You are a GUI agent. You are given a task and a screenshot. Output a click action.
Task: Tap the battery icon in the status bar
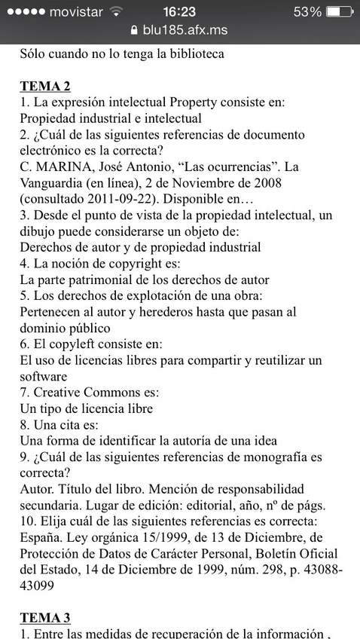coord(340,11)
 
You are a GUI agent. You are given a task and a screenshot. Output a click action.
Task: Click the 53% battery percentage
coord(307,11)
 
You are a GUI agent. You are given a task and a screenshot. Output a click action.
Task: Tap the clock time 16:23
coord(179,11)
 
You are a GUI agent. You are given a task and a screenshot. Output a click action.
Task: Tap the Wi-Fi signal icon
coord(116,11)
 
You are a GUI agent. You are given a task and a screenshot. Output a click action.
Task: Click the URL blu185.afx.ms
coord(185,30)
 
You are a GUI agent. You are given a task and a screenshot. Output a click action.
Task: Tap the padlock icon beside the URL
coord(134,30)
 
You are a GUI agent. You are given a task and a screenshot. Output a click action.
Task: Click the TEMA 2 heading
coord(45,86)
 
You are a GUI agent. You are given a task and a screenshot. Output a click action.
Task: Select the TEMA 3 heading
coord(45,618)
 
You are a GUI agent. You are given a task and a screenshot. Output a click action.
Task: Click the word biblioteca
coord(190,54)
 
